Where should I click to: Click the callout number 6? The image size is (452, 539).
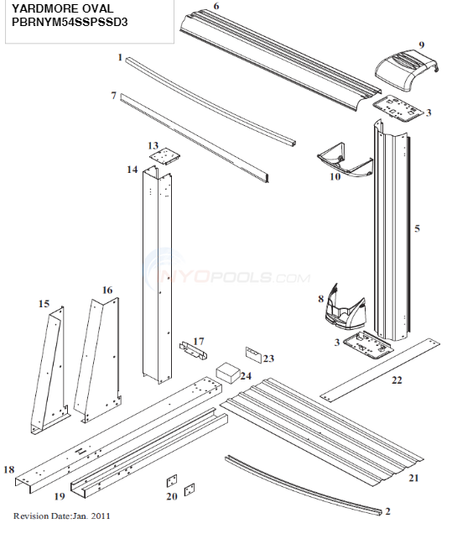pyautogui.click(x=216, y=7)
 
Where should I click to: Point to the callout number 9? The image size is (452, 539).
pyautogui.click(x=421, y=44)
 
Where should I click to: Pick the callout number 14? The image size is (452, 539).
pyautogui.click(x=132, y=170)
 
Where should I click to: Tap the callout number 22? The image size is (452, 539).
pyautogui.click(x=397, y=380)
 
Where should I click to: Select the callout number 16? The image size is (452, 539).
pyautogui.click(x=107, y=290)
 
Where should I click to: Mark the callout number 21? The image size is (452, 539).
pyautogui.click(x=413, y=478)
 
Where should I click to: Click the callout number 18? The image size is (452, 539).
pyautogui.click(x=8, y=469)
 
